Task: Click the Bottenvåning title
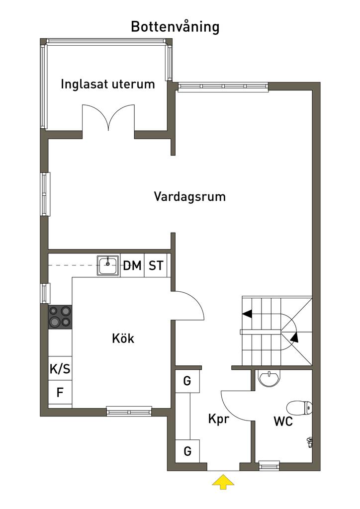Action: pyautogui.click(x=175, y=27)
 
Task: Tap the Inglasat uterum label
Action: pyautogui.click(x=108, y=84)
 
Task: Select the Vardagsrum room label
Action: pyautogui.click(x=189, y=197)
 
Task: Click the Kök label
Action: pyautogui.click(x=123, y=338)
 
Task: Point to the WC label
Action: pyautogui.click(x=283, y=422)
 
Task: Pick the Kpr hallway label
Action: pyautogui.click(x=219, y=419)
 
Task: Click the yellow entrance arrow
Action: pyautogui.click(x=223, y=482)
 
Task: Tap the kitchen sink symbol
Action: pyautogui.click(x=108, y=265)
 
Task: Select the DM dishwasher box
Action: pyautogui.click(x=132, y=265)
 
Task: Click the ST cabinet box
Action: pyautogui.click(x=156, y=265)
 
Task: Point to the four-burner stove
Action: pyautogui.click(x=60, y=317)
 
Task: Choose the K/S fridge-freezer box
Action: pyautogui.click(x=60, y=369)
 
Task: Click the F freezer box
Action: pyautogui.click(x=60, y=393)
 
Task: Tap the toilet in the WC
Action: pyautogui.click(x=299, y=408)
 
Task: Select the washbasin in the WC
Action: pyautogui.click(x=268, y=379)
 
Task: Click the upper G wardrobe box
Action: pyautogui.click(x=187, y=381)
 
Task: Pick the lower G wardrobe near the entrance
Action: pyautogui.click(x=187, y=451)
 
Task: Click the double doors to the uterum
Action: pyautogui.click(x=108, y=117)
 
